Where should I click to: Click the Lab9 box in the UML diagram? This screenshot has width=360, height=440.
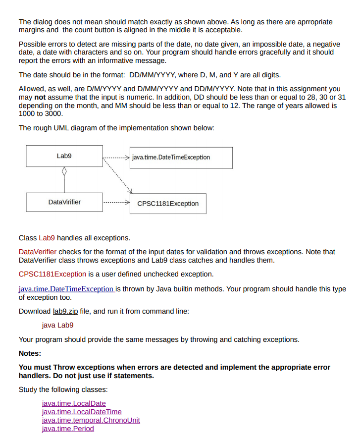(64, 156)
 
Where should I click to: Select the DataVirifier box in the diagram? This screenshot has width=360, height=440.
(64, 202)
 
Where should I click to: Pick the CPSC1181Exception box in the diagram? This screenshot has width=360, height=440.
(168, 204)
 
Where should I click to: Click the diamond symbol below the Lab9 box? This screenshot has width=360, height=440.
(63, 172)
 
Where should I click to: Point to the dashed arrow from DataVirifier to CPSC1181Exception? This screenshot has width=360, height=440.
(116, 203)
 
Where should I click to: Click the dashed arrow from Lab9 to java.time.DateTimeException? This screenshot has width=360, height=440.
(116, 158)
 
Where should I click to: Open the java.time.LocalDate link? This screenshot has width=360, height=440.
(74, 404)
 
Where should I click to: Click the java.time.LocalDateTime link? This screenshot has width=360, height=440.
(82, 412)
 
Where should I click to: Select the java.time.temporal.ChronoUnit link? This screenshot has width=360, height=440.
(91, 420)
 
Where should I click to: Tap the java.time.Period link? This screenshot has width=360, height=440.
(68, 429)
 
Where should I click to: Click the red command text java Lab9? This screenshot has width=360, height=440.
(57, 326)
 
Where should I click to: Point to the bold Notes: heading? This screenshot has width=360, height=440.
(30, 354)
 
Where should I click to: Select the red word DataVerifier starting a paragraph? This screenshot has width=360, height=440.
(37, 252)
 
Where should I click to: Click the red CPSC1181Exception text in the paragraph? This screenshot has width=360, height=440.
(52, 274)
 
